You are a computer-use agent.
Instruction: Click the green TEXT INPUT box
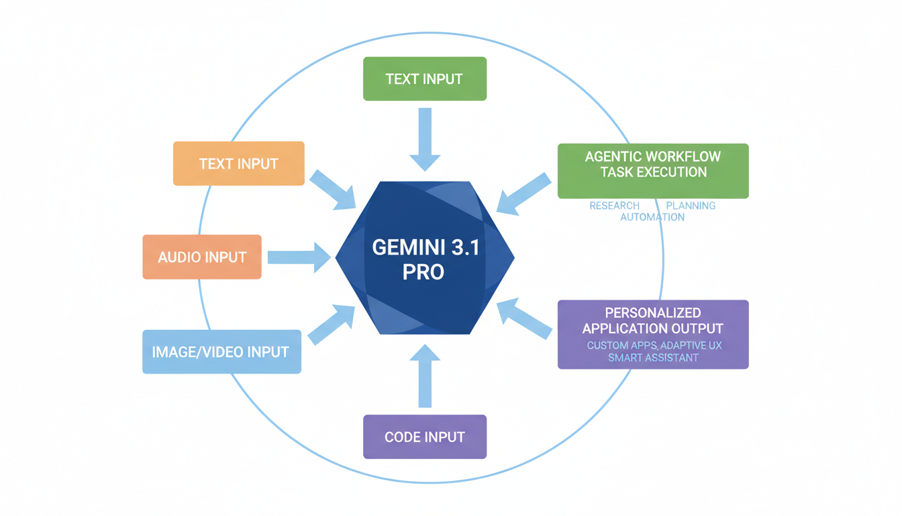[424, 79]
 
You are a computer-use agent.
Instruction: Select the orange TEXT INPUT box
[238, 163]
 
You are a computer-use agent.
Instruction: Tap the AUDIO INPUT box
[202, 257]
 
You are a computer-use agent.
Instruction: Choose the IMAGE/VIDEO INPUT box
[221, 351]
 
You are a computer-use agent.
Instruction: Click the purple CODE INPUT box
[424, 437]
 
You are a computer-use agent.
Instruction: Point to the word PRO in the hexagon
[423, 273]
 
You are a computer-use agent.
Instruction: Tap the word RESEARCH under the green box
[614, 206]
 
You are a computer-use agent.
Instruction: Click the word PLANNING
[691, 206]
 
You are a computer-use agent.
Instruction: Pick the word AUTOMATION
[652, 217]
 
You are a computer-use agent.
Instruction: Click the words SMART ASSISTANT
[653, 357]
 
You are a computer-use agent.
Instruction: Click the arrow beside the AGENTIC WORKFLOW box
[524, 193]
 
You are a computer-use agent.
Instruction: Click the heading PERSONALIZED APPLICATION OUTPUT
[652, 320]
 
